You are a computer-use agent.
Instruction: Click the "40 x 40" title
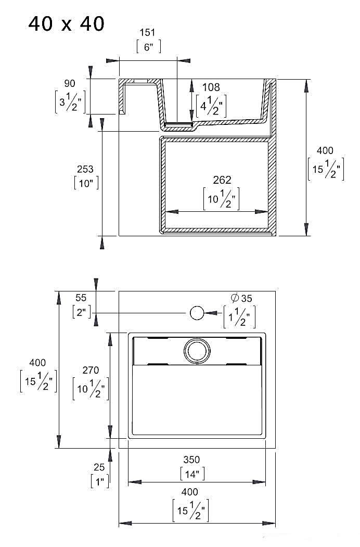click(66, 23)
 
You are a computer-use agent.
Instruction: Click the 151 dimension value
click(148, 33)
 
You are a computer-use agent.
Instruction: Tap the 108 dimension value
click(211, 87)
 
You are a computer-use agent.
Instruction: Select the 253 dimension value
click(85, 169)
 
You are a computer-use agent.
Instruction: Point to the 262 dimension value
click(222, 180)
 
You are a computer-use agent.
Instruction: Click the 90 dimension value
click(70, 83)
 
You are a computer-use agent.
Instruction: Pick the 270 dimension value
click(91, 371)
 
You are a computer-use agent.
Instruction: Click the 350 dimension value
click(191, 460)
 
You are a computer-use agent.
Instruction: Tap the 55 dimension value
click(81, 298)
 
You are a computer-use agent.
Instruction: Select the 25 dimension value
click(99, 468)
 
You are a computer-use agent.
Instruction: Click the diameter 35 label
click(241, 298)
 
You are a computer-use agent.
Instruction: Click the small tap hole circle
click(197, 313)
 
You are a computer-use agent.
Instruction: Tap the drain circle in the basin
click(197, 350)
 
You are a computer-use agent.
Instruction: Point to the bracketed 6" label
click(148, 47)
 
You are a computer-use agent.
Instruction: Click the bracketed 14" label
click(192, 474)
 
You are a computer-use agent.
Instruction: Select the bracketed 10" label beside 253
click(86, 183)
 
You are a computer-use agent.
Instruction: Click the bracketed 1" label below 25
click(100, 481)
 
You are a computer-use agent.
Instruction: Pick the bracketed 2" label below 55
click(82, 312)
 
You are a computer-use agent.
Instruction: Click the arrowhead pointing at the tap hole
click(211, 313)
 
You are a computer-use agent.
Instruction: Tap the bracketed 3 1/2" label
click(70, 101)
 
